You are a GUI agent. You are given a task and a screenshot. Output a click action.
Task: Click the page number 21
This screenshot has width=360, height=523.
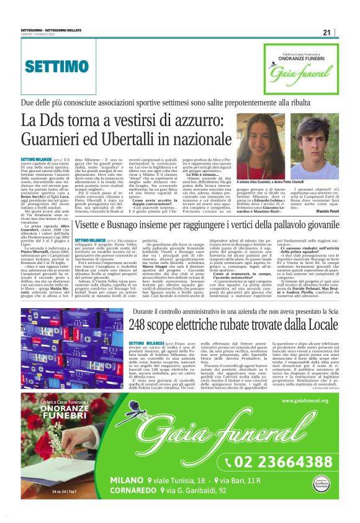[x=327, y=32]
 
